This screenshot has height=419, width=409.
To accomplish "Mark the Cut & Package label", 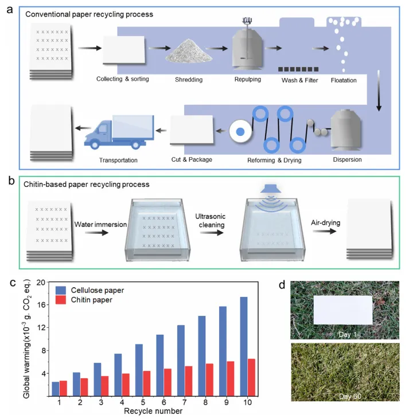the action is (192, 159).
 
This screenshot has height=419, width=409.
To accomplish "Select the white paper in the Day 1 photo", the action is (343, 309).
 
